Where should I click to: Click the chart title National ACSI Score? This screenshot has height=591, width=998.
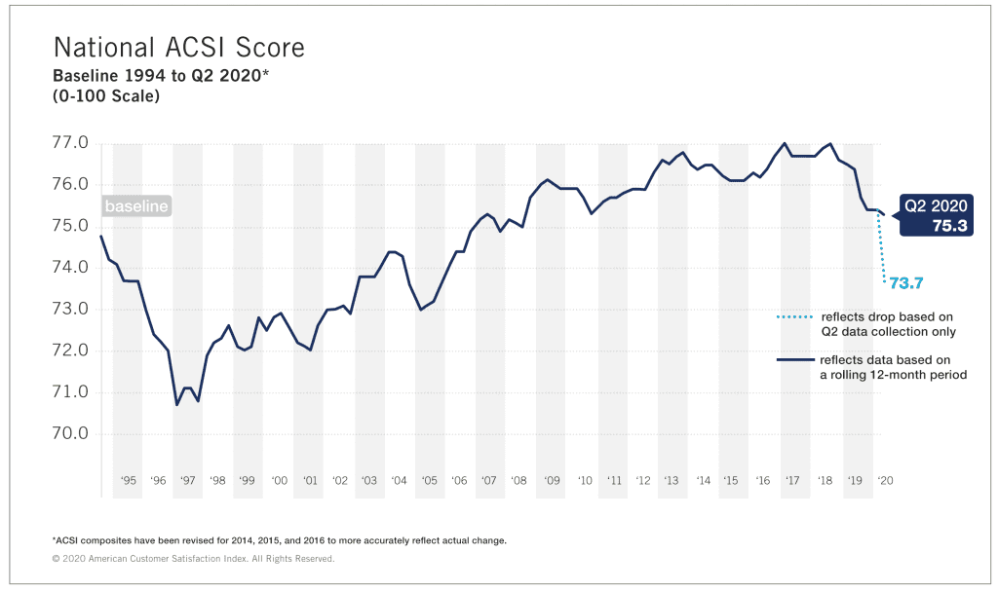[178, 48]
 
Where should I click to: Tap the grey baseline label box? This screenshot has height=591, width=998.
[136, 206]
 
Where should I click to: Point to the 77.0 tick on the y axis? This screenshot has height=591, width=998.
[69, 143]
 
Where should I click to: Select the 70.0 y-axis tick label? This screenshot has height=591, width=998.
[69, 433]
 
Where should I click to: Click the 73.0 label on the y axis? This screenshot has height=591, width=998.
[69, 309]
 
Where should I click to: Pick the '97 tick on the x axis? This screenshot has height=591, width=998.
[187, 480]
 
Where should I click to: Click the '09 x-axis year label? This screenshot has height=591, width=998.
[553, 480]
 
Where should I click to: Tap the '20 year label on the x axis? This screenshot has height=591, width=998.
[886, 480]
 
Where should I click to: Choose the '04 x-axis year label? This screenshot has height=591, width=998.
[400, 480]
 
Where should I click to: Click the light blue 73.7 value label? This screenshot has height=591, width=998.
[904, 283]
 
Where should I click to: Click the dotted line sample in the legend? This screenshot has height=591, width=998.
[794, 317]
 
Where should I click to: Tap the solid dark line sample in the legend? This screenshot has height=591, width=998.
[794, 360]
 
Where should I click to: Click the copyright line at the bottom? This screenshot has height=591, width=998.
[193, 559]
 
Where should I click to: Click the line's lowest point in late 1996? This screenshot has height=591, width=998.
[176, 405]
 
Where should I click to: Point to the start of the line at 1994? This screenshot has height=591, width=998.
[101, 236]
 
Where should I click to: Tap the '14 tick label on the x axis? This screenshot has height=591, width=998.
[703, 480]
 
